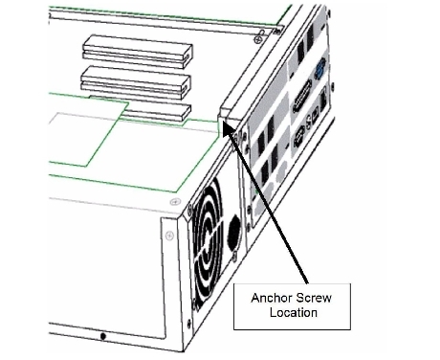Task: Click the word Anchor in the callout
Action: pos(270,298)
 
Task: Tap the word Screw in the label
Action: pos(313,298)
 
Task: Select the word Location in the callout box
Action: pos(294,312)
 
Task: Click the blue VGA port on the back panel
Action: pos(319,69)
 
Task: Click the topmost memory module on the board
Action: pos(137,52)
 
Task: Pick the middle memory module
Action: pos(136,82)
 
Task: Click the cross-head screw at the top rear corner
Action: pos(257,39)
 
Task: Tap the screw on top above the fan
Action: pos(175,202)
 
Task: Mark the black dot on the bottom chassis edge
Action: pos(102,336)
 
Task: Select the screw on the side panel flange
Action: pos(169,236)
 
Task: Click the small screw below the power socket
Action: pos(235,257)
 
